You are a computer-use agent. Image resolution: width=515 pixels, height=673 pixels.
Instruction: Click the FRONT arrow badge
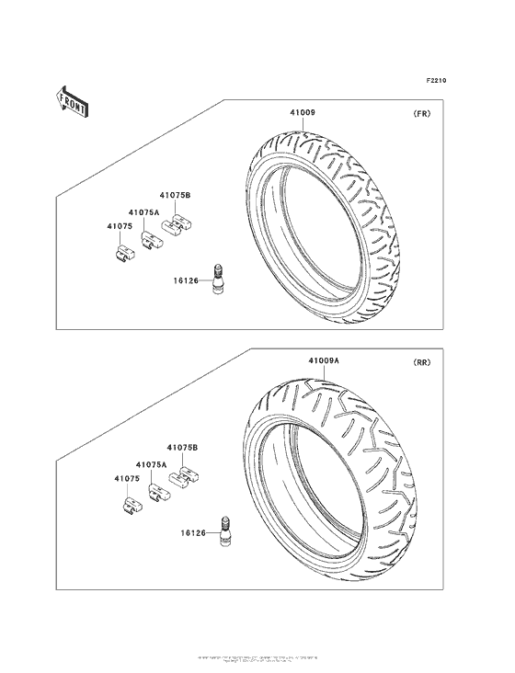click(x=73, y=100)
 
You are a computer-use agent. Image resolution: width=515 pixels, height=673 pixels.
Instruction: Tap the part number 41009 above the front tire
click(x=303, y=113)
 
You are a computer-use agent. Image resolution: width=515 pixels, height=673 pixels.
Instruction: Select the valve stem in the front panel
click(x=219, y=279)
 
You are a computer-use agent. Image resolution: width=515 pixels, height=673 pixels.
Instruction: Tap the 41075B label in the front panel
click(x=174, y=195)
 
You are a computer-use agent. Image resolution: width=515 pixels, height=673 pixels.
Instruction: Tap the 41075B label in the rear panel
click(x=182, y=447)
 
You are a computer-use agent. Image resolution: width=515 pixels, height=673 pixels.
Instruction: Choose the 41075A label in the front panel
click(x=144, y=211)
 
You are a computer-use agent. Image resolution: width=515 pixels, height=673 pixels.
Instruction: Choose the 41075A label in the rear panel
click(x=152, y=465)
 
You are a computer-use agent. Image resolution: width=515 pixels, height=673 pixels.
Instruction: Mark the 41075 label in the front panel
click(x=117, y=225)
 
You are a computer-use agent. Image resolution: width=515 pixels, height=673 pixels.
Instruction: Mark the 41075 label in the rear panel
click(x=127, y=479)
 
